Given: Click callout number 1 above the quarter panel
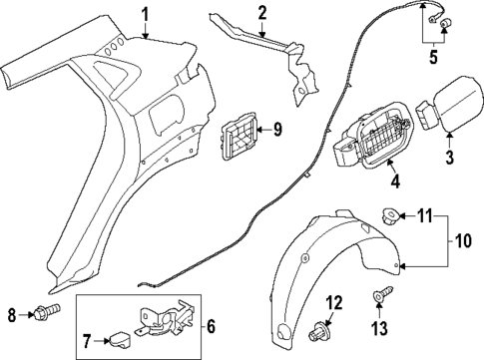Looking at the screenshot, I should (x=146, y=13).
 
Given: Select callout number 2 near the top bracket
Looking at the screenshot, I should (x=261, y=13).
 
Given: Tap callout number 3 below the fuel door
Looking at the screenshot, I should (x=448, y=157).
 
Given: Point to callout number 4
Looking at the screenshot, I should (x=395, y=183).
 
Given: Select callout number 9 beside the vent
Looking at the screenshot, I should (x=277, y=129).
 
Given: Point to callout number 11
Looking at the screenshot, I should (x=425, y=242).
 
